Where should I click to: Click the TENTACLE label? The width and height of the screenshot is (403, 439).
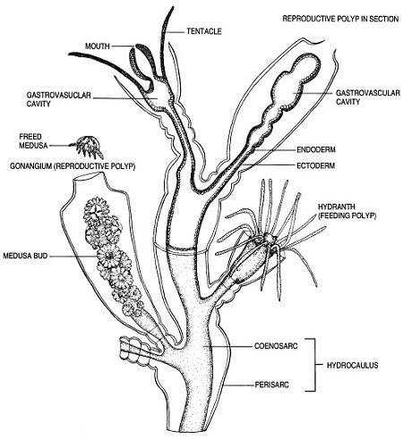pos(204,31)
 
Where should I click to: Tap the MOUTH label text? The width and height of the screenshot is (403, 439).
pos(98,46)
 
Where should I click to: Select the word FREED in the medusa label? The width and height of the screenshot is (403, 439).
pos(30,137)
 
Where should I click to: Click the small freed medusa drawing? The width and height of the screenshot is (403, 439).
pos(89,147)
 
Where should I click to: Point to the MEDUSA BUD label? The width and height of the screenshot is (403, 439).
pos(25,256)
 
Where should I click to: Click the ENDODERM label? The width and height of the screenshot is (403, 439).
pos(316,149)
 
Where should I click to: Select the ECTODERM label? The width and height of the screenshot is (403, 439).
pos(315,165)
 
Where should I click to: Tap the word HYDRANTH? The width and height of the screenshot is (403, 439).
pos(337,207)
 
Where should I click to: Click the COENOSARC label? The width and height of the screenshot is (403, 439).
pos(276,346)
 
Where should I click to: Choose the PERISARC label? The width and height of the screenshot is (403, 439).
pos(271,384)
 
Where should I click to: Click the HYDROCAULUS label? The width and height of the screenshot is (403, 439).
pos(353,365)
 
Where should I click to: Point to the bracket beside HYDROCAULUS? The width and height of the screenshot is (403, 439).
pos(314,365)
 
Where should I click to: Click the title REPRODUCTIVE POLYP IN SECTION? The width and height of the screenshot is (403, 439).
pos(340,19)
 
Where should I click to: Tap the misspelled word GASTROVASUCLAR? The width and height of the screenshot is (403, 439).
pos(58,95)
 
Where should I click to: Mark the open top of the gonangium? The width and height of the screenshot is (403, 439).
pos(89,176)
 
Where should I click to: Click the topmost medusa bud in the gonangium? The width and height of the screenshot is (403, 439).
pos(96,208)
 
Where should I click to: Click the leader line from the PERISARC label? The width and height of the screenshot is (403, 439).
pos(239,385)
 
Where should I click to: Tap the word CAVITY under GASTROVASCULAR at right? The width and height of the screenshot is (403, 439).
pos(348,102)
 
